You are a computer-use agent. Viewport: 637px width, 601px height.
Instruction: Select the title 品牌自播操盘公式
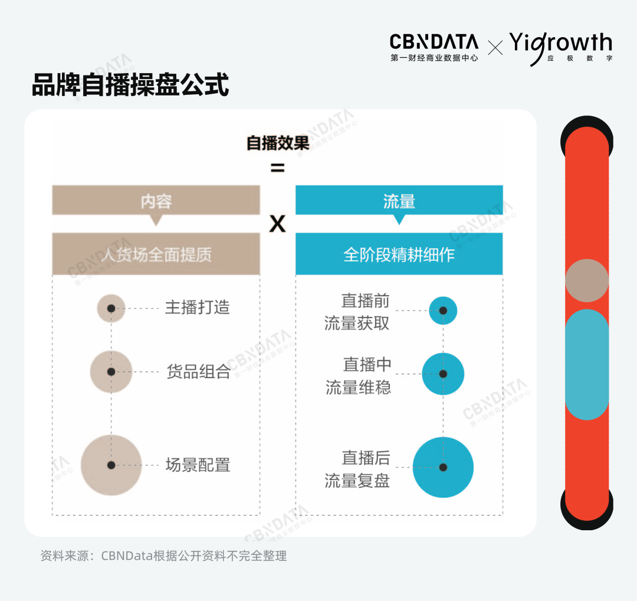click(x=130, y=85)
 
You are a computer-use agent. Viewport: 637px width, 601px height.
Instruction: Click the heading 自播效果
click(x=277, y=143)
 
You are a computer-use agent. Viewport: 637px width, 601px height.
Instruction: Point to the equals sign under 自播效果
click(x=277, y=169)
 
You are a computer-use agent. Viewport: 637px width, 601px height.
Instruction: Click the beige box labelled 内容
click(x=156, y=201)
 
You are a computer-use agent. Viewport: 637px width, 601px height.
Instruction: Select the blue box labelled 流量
click(x=399, y=201)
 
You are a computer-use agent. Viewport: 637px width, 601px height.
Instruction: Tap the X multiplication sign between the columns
click(x=277, y=224)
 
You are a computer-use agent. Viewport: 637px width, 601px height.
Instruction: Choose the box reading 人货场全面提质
click(x=156, y=254)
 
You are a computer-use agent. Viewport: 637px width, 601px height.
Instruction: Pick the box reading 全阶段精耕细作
click(x=399, y=254)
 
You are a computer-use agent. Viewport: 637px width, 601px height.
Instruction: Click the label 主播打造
click(x=198, y=308)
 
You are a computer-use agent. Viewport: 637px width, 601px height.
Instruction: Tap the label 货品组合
click(x=199, y=372)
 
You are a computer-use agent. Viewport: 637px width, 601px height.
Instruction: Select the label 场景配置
click(x=198, y=465)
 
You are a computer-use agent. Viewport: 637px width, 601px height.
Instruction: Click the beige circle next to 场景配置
click(x=111, y=465)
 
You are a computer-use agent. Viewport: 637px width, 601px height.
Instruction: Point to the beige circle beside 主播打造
click(x=111, y=308)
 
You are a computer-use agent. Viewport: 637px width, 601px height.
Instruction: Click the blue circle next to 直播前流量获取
click(x=443, y=311)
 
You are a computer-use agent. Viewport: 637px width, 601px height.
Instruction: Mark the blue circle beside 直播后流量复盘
click(x=443, y=467)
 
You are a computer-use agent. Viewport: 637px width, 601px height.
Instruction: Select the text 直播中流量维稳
click(x=359, y=376)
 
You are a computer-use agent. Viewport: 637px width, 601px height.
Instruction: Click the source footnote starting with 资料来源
click(x=163, y=556)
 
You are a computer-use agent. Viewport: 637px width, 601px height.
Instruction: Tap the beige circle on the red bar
click(x=587, y=280)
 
